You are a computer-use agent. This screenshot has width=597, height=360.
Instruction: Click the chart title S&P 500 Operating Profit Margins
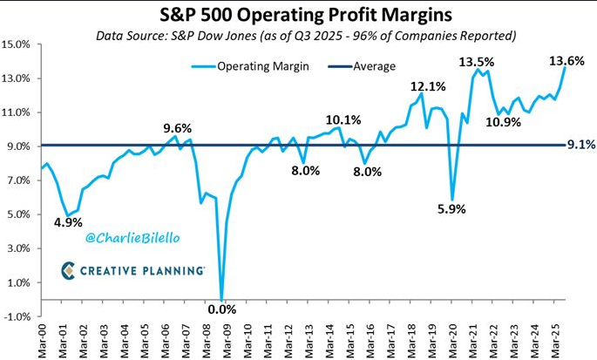coord(306,15)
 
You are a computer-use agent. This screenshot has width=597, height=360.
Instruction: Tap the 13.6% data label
coord(566,60)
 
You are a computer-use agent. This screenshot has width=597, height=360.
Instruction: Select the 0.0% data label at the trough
coord(222,309)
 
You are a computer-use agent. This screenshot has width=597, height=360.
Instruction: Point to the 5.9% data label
coord(451,208)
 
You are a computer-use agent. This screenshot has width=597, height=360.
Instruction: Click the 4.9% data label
coord(68,222)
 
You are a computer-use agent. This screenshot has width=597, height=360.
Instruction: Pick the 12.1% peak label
coord(428,86)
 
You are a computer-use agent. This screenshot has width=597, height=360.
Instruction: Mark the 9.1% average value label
coord(581,145)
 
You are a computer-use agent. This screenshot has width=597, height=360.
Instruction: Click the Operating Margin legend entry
coord(250,66)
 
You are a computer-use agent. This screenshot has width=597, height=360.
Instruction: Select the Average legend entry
coord(362,66)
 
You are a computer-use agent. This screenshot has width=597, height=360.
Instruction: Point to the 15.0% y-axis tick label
coord(16,44)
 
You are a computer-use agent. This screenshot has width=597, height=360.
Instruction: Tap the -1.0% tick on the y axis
coord(16,316)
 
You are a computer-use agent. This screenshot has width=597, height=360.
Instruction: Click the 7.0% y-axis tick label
coord(18,180)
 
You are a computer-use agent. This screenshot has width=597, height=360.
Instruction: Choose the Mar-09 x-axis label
coord(227,341)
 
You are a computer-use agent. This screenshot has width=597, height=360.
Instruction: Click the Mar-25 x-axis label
coord(556,341)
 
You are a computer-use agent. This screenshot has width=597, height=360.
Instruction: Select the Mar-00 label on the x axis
coord(42,341)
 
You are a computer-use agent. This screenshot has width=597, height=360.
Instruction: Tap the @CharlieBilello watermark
coord(132,238)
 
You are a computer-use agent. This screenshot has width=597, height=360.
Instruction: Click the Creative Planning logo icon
coord(68,270)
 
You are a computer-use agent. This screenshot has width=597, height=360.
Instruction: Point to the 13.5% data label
coord(477,62)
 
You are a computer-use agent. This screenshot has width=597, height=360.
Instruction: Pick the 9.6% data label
coord(178,128)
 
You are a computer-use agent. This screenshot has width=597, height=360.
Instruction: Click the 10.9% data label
coord(503,122)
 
